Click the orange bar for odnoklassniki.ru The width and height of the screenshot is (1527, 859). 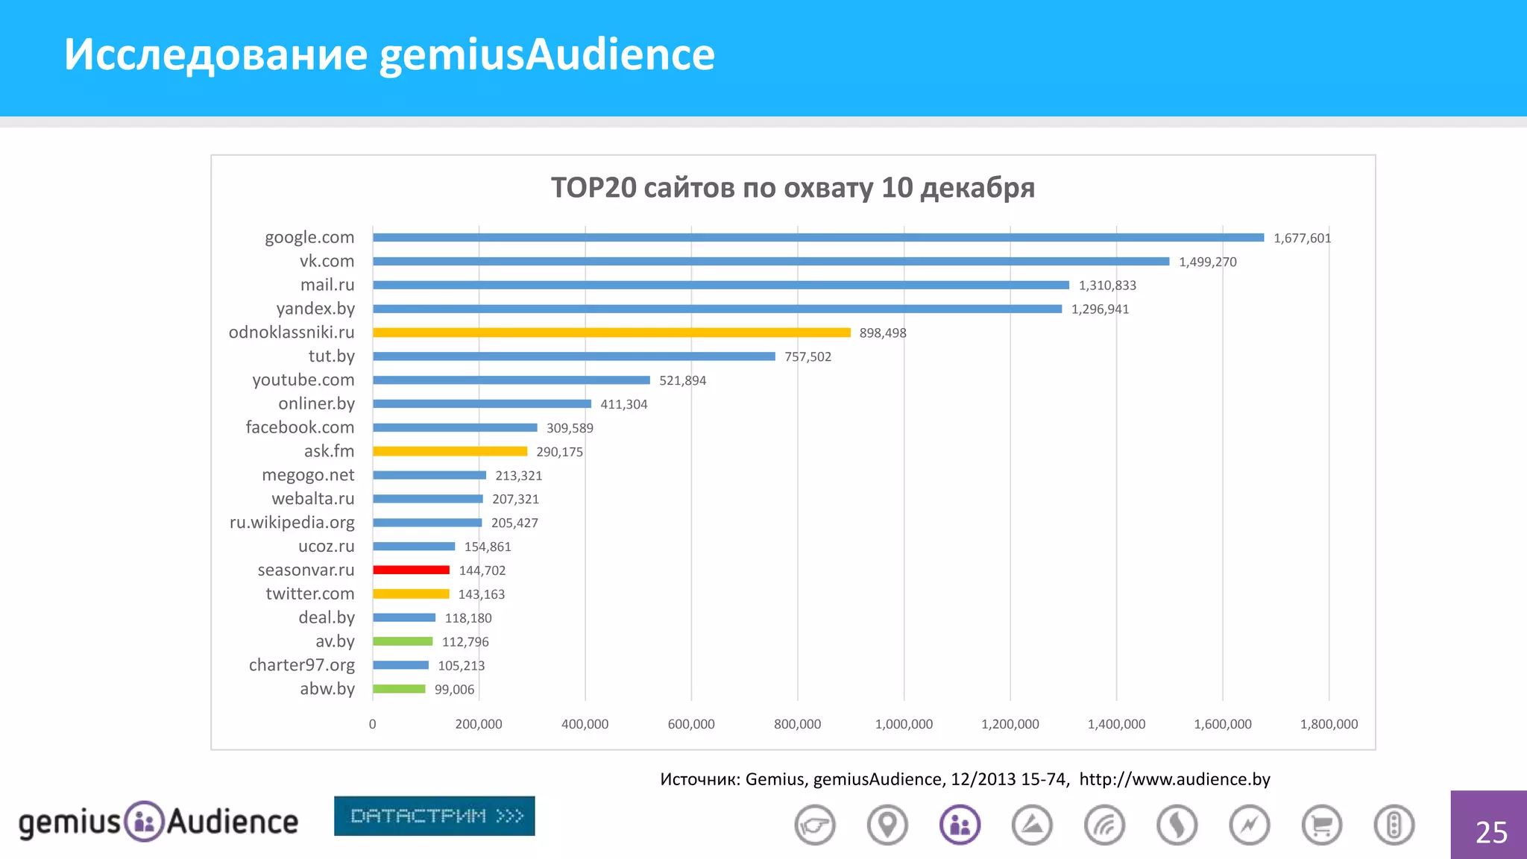tap(611, 333)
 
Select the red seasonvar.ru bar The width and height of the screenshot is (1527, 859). tap(411, 570)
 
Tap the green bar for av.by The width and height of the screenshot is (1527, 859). tap(403, 642)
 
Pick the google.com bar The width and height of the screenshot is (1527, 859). tap(818, 238)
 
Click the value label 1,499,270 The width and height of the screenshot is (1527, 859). tap(1207, 262)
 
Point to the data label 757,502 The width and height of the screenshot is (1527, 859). tap(807, 356)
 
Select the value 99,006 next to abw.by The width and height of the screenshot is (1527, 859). tap(454, 690)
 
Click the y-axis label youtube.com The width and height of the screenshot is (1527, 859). tap(303, 380)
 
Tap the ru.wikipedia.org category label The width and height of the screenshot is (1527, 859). tap(292, 522)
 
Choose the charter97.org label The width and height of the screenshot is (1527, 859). tap(301, 664)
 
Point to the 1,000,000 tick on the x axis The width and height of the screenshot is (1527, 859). tap(904, 724)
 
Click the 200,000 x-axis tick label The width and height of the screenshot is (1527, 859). tap(479, 724)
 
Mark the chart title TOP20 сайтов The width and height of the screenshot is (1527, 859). tap(793, 188)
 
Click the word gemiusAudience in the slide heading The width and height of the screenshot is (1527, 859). tap(547, 54)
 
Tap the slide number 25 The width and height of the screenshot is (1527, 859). tap(1491, 832)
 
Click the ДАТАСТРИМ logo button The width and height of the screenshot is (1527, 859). tap(434, 816)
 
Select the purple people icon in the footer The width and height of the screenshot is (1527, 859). tap(960, 825)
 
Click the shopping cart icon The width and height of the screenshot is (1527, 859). tap(1321, 825)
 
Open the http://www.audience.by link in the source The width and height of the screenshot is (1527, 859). tap(1174, 779)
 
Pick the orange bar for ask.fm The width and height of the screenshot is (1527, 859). tap(450, 451)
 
